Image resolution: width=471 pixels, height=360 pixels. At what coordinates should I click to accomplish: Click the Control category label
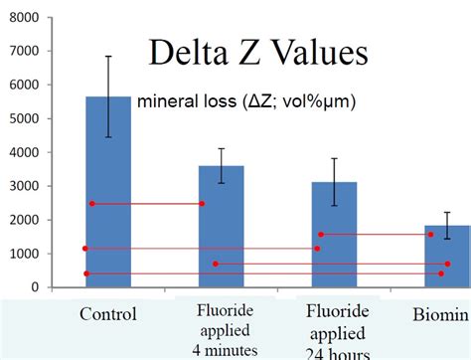107,314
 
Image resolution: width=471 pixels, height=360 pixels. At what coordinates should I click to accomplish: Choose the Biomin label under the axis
440,315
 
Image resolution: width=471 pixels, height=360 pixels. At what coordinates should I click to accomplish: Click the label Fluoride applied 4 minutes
223,329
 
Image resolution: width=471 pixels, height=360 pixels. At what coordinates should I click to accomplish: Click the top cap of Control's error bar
108,57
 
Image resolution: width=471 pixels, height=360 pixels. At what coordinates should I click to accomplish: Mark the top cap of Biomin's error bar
447,213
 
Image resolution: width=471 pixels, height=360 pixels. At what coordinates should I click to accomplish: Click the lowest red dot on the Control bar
86,273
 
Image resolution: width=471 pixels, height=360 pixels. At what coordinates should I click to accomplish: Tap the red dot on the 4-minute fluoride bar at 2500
202,204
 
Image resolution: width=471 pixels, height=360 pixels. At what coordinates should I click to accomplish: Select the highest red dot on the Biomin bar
430,235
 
